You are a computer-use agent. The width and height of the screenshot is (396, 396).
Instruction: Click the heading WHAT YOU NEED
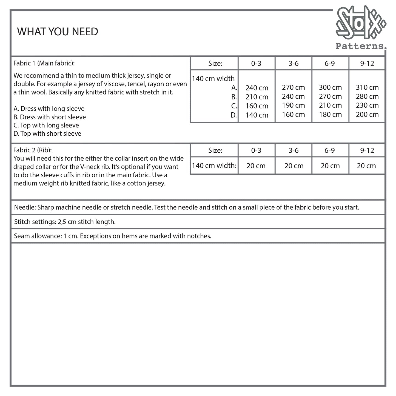[x=58, y=32]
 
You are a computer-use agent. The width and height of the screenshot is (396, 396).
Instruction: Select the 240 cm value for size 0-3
[x=257, y=88]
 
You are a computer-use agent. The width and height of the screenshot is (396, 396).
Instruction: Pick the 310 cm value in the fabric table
[x=367, y=87]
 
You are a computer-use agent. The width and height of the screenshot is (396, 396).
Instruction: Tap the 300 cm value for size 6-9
[x=330, y=87]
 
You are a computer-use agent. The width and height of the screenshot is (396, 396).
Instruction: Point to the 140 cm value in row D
[x=257, y=115]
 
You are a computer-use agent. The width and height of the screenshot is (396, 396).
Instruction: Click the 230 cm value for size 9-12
[x=367, y=106]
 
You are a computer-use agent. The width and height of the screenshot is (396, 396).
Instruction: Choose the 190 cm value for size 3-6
[x=293, y=106]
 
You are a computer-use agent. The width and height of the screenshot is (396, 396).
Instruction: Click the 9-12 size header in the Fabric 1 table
[x=367, y=64]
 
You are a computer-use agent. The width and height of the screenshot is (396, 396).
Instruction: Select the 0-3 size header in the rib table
[x=256, y=150]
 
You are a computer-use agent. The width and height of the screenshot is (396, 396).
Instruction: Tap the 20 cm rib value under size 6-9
[x=330, y=166]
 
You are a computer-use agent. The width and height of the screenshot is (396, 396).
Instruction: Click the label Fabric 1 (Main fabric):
[x=44, y=63]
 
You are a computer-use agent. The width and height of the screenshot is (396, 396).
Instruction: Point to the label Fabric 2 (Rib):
[x=33, y=150]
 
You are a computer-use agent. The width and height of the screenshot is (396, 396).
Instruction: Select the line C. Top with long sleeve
[x=46, y=125]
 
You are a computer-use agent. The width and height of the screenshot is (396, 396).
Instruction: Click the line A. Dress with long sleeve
[x=49, y=109]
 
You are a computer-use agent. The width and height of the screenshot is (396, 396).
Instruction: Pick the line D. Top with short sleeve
[x=47, y=134]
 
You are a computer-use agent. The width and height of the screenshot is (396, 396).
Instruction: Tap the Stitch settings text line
[x=65, y=222]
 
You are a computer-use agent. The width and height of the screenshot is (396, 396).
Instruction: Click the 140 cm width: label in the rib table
[x=214, y=166]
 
